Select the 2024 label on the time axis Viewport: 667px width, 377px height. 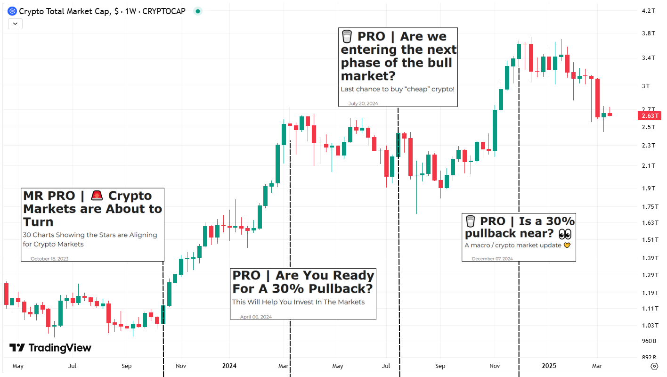tap(229, 366)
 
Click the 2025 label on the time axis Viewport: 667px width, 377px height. tap(549, 366)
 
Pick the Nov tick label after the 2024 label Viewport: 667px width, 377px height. tap(495, 366)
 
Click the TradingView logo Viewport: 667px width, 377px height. tap(50, 348)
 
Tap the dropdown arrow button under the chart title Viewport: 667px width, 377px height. tap(15, 23)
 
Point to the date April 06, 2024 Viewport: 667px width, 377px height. tap(256, 317)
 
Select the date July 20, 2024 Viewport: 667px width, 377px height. tap(363, 103)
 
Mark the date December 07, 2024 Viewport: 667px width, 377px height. tap(492, 258)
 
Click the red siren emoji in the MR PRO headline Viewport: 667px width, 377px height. tap(97, 196)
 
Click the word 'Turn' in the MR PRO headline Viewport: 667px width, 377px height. tap(38, 222)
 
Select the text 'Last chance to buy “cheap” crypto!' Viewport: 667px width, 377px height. tap(398, 89)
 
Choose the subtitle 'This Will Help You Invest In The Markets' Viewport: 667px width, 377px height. tap(298, 302)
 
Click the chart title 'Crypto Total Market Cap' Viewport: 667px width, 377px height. tap(65, 11)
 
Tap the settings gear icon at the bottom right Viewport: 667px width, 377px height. tap(654, 366)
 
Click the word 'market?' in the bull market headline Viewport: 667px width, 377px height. tap(368, 75)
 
